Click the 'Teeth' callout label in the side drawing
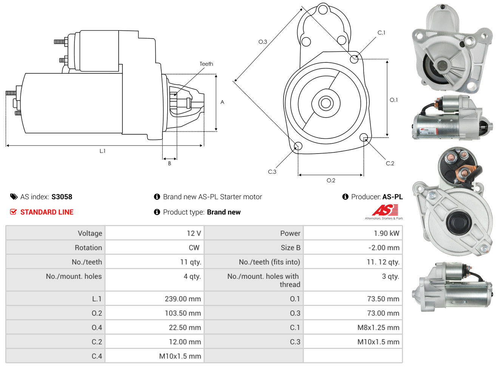[x=206, y=64]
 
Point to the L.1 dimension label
[x=102, y=151]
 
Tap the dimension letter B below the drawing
[x=170, y=163]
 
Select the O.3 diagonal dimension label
[x=262, y=42]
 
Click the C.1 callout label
[x=381, y=33]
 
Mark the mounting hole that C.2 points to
[x=364, y=137]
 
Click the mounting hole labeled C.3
[x=298, y=146]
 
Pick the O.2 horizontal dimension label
[x=331, y=180]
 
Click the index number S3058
[x=62, y=197]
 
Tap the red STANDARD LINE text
[x=47, y=212]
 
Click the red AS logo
[x=385, y=210]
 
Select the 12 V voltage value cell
[x=194, y=233]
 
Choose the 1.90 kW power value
[x=386, y=233]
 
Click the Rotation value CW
[x=194, y=248]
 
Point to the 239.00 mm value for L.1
[x=183, y=299]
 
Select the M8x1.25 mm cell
[x=378, y=328]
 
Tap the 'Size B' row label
[x=290, y=248]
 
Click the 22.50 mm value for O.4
[x=185, y=328]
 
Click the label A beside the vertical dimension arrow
[x=222, y=102]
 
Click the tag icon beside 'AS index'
[x=14, y=197]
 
